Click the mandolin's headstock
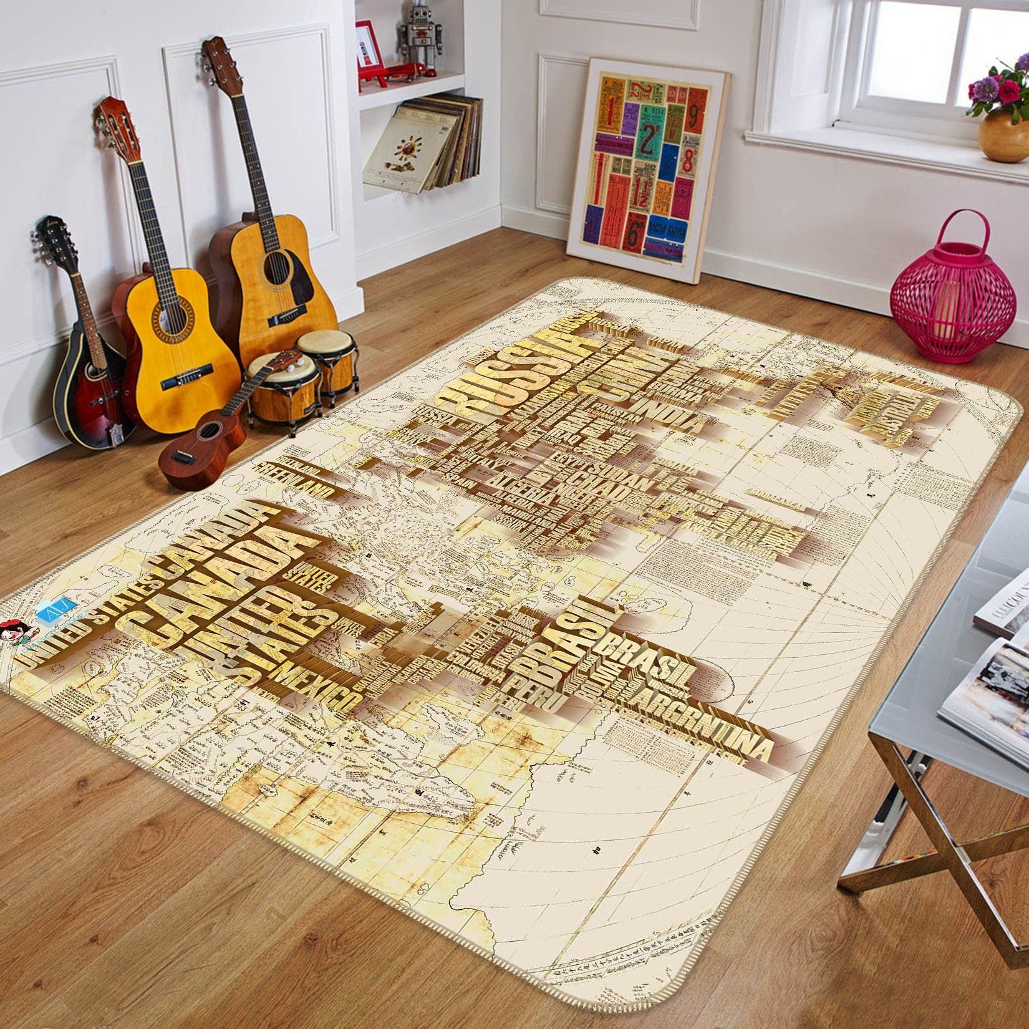pyautogui.click(x=46, y=233)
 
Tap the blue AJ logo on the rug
pyautogui.click(x=62, y=614)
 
